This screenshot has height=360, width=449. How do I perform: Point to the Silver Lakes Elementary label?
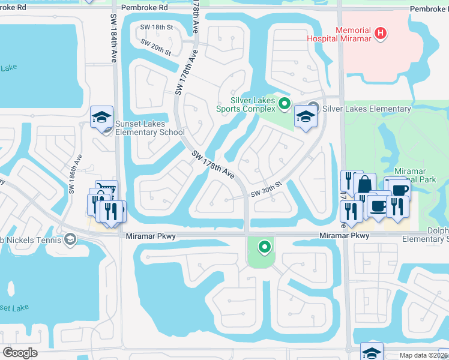coord(367,109)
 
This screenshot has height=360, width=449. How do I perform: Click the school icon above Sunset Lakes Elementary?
coord(101,116)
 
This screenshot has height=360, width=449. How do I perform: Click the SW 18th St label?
coord(156,27)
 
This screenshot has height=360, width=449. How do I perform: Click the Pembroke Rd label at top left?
coord(145,8)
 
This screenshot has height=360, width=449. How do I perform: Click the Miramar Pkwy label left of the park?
coord(151,236)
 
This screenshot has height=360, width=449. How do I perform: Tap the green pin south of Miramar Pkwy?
coord(264,246)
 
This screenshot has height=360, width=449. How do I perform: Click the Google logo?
coord(20,353)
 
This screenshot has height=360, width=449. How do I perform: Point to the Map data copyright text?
coord(424,355)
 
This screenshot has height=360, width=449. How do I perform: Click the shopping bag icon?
coord(364,184)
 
